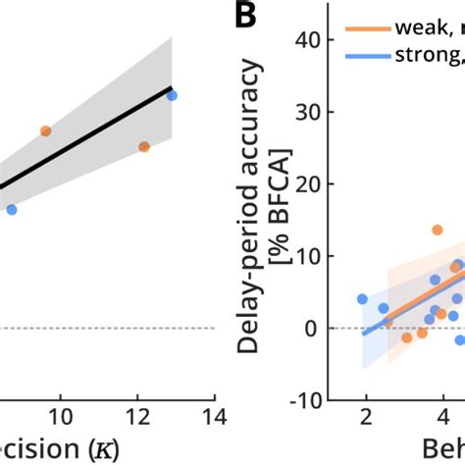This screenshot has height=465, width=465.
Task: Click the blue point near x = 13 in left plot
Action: (172, 95)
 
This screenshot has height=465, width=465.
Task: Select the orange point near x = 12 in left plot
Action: (144, 146)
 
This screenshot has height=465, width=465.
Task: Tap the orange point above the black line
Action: (46, 130)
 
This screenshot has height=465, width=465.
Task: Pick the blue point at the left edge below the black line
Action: (12, 209)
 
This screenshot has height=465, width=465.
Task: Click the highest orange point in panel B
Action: (437, 230)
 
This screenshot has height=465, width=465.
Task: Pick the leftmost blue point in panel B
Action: (362, 298)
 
